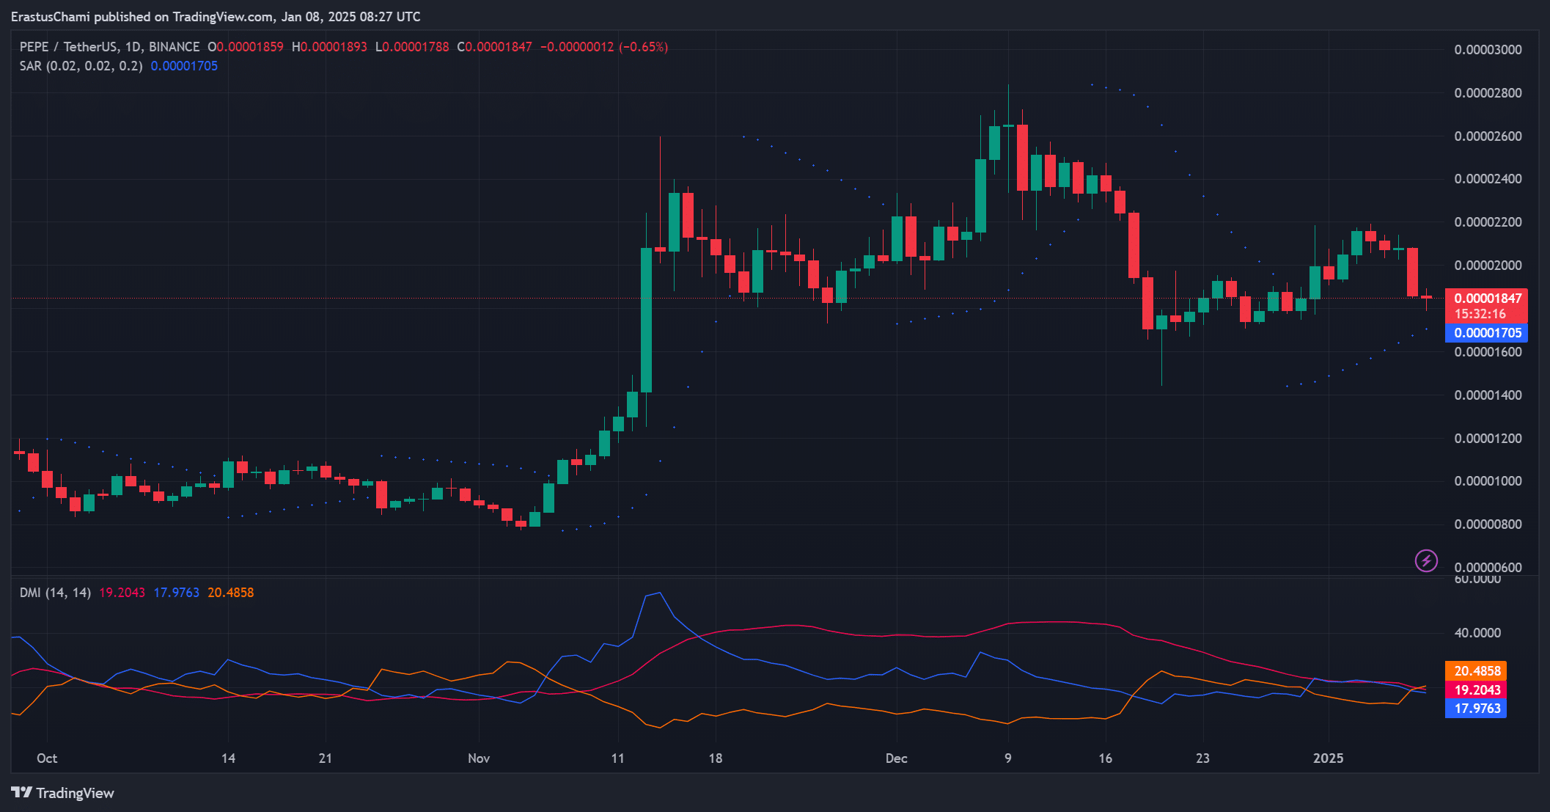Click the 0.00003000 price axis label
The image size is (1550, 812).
(1488, 50)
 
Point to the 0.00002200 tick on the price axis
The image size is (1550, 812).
(1488, 222)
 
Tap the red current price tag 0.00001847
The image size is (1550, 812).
(1487, 299)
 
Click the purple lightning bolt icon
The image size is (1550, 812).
(1425, 561)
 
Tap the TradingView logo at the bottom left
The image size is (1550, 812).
(63, 793)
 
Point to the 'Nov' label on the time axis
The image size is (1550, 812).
(479, 758)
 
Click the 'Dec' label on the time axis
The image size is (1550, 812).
(896, 758)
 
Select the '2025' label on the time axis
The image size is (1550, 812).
(1328, 758)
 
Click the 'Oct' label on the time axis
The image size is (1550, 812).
(47, 758)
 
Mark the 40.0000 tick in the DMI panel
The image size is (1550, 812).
(1477, 633)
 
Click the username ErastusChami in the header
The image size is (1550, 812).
(51, 17)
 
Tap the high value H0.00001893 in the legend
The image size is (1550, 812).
(329, 47)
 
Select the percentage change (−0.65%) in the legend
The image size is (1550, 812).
(643, 47)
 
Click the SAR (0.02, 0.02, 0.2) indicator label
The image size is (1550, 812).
(81, 66)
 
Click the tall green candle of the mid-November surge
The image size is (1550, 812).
(646, 320)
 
